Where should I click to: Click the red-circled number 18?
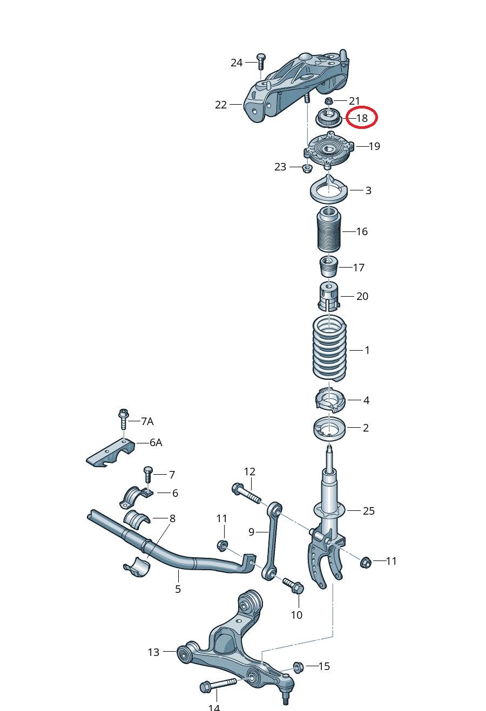point(361,118)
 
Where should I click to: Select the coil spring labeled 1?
point(330,350)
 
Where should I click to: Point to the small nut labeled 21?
point(328,101)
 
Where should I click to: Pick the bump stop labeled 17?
point(328,266)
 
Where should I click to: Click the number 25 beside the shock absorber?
point(368,511)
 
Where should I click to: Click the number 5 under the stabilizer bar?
point(178,589)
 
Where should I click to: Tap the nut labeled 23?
point(306,168)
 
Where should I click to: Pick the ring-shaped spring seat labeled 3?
point(328,190)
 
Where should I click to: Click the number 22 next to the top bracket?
point(221,105)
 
